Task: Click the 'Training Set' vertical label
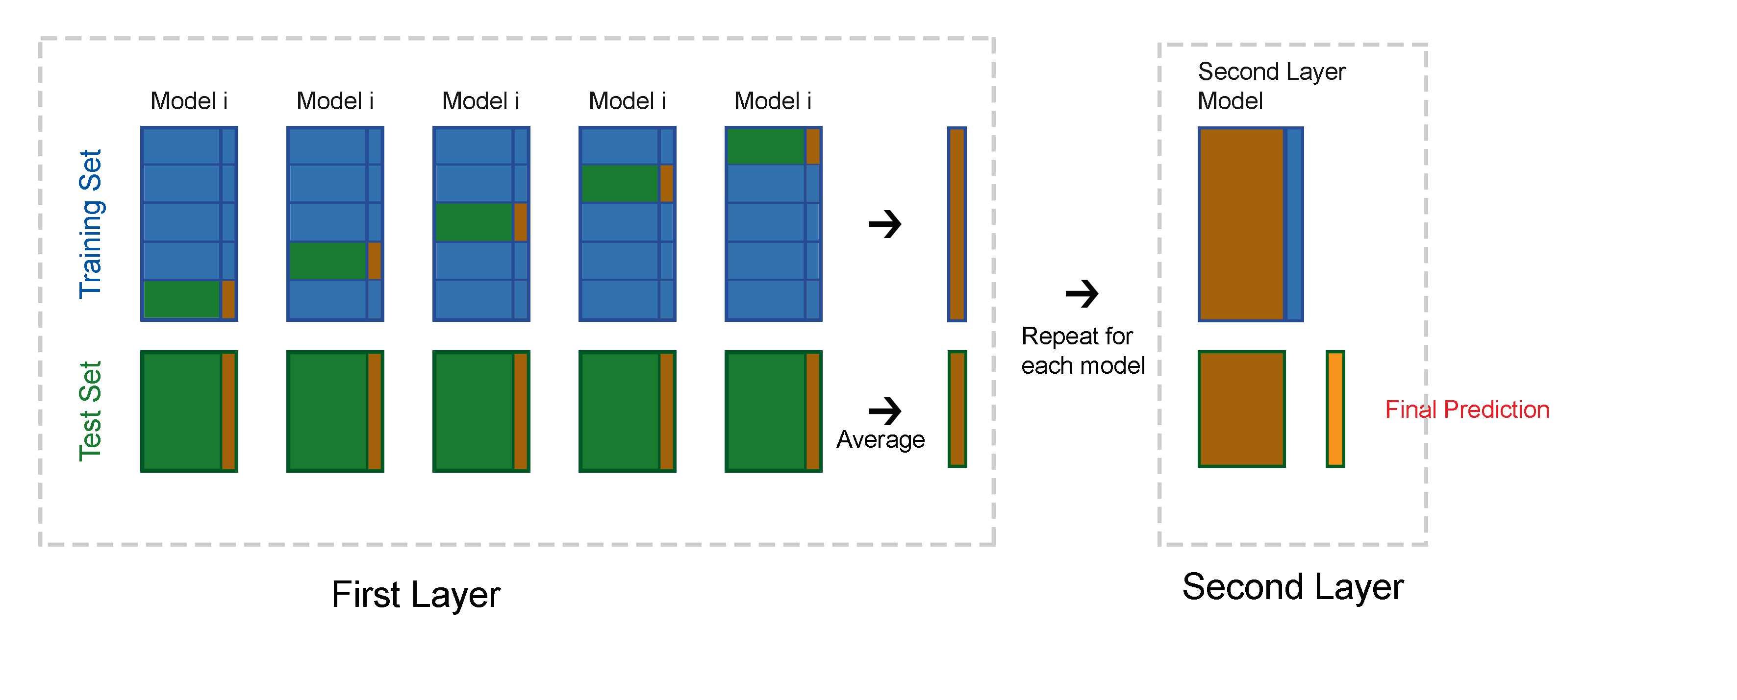tap(90, 224)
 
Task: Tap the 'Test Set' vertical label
tap(90, 411)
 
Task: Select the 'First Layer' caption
tap(416, 595)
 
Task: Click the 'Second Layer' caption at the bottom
tap(1293, 587)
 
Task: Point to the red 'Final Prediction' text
tap(1467, 410)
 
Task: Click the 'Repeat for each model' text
tap(1083, 350)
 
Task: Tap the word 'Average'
tap(881, 439)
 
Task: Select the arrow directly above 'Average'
tap(885, 411)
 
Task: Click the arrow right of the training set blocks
tap(885, 224)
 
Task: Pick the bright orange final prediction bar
tap(1335, 409)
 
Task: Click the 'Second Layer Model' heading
tap(1271, 86)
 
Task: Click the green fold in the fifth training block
tap(765, 146)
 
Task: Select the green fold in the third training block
tap(474, 221)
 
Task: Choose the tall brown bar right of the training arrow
tap(957, 224)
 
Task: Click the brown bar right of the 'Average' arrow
tap(957, 409)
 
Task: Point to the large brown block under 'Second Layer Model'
tap(1241, 224)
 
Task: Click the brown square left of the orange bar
tap(1241, 409)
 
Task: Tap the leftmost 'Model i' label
tap(189, 101)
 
